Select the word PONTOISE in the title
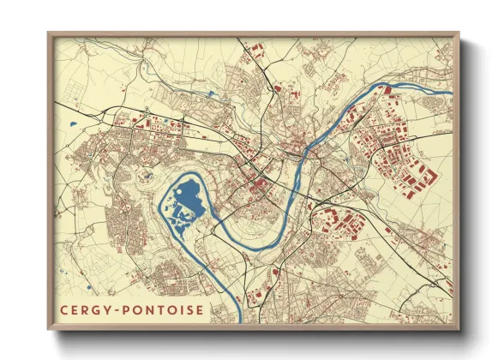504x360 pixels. [165, 309]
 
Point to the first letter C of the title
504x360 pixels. [64, 309]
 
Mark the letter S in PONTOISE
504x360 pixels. [190, 309]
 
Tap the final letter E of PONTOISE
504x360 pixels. [201, 309]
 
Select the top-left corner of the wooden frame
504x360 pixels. [48, 33]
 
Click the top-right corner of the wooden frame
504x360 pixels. [459, 33]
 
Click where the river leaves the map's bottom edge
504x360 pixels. [239, 322]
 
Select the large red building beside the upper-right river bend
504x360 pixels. [385, 89]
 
